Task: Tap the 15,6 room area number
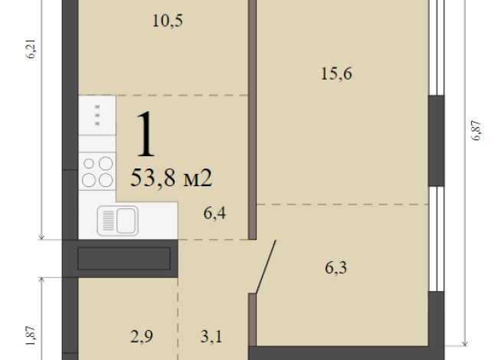coord(338,74)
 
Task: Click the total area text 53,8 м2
coord(172,178)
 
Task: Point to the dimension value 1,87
coord(31,336)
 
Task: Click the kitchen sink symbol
coord(116,221)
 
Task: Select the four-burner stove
coord(97,172)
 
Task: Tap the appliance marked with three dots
coord(97,115)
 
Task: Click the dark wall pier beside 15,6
coord(436,139)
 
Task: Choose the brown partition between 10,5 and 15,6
coord(251,107)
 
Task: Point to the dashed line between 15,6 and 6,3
coord(342,205)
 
